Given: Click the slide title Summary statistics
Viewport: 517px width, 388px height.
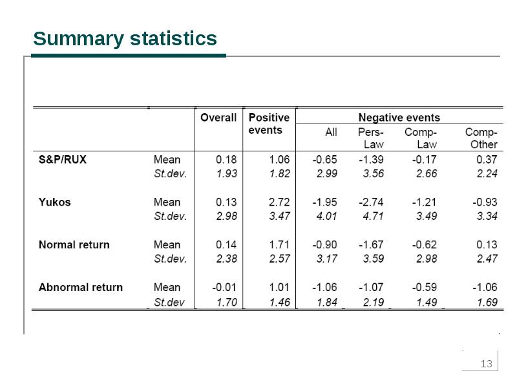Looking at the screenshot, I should (x=125, y=39).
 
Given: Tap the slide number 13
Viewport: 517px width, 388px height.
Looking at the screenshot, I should (x=487, y=364).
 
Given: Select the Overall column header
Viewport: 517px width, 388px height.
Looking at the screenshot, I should (x=218, y=118).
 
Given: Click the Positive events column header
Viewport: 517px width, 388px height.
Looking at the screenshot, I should (x=269, y=124).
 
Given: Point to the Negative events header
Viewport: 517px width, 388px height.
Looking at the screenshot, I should (x=399, y=118).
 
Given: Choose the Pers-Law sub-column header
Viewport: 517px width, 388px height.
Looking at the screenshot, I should (x=371, y=138).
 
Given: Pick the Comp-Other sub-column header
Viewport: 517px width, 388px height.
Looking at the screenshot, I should (x=481, y=138).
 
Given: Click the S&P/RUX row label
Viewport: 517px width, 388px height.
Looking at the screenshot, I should (x=62, y=159).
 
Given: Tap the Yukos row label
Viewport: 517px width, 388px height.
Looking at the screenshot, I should (x=55, y=202).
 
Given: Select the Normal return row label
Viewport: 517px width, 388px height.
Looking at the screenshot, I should (x=74, y=244).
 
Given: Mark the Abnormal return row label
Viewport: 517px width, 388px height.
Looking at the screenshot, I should (x=81, y=287).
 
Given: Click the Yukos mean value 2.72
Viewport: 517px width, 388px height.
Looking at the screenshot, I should (x=279, y=202).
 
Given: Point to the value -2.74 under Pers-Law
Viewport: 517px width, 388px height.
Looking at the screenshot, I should (x=371, y=202).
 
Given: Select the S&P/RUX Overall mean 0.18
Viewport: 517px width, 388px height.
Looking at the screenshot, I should (x=226, y=159).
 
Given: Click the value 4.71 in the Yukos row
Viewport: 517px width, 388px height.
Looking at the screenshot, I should (x=374, y=216).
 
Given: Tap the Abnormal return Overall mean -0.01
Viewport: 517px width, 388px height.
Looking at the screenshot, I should (x=224, y=287).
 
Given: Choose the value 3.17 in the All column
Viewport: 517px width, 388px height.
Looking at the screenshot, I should (x=326, y=259).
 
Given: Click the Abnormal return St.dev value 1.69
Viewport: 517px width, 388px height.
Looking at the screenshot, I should (x=487, y=302).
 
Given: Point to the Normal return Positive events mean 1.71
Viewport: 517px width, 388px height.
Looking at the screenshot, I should (x=279, y=244).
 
